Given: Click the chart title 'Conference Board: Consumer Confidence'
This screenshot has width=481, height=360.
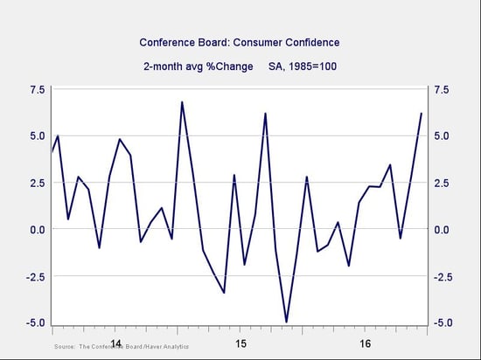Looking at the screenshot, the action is point(240,43).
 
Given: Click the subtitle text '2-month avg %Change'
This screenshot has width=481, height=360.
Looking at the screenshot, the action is point(199,66).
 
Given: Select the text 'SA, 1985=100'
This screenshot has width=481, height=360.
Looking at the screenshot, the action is point(303,66).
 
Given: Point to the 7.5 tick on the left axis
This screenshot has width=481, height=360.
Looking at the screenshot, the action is point(38,90).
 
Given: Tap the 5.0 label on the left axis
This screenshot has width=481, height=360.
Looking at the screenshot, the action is point(38,136).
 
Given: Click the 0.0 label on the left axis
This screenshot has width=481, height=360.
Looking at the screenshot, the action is point(38,229).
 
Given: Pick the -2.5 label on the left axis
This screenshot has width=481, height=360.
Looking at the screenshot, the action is point(36,276).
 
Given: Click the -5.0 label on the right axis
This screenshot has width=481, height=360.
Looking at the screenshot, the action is point(443,322).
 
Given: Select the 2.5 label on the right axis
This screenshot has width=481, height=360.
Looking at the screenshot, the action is point(441,183).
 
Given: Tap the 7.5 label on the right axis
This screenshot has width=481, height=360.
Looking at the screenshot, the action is point(441,90).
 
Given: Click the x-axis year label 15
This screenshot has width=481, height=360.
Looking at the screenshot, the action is point(240,344).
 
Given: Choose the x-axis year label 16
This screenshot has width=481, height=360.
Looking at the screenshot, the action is point(366,344).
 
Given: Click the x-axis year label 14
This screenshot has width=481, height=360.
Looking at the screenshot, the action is point(116,343).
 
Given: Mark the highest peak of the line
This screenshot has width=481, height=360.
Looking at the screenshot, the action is point(182,101).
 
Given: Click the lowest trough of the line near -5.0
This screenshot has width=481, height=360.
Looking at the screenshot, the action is point(287,322).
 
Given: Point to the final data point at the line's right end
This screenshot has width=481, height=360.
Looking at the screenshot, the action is point(422,114).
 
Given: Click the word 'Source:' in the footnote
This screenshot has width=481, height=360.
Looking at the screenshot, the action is point(65,347).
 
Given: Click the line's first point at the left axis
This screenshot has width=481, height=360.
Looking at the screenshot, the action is point(52,151).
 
